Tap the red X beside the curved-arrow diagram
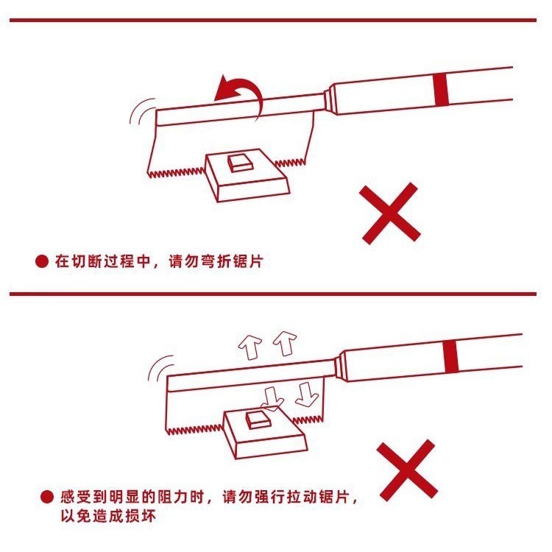coord(390,214)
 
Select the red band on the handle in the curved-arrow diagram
coord(441,89)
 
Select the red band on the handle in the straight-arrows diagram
coord(453,357)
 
